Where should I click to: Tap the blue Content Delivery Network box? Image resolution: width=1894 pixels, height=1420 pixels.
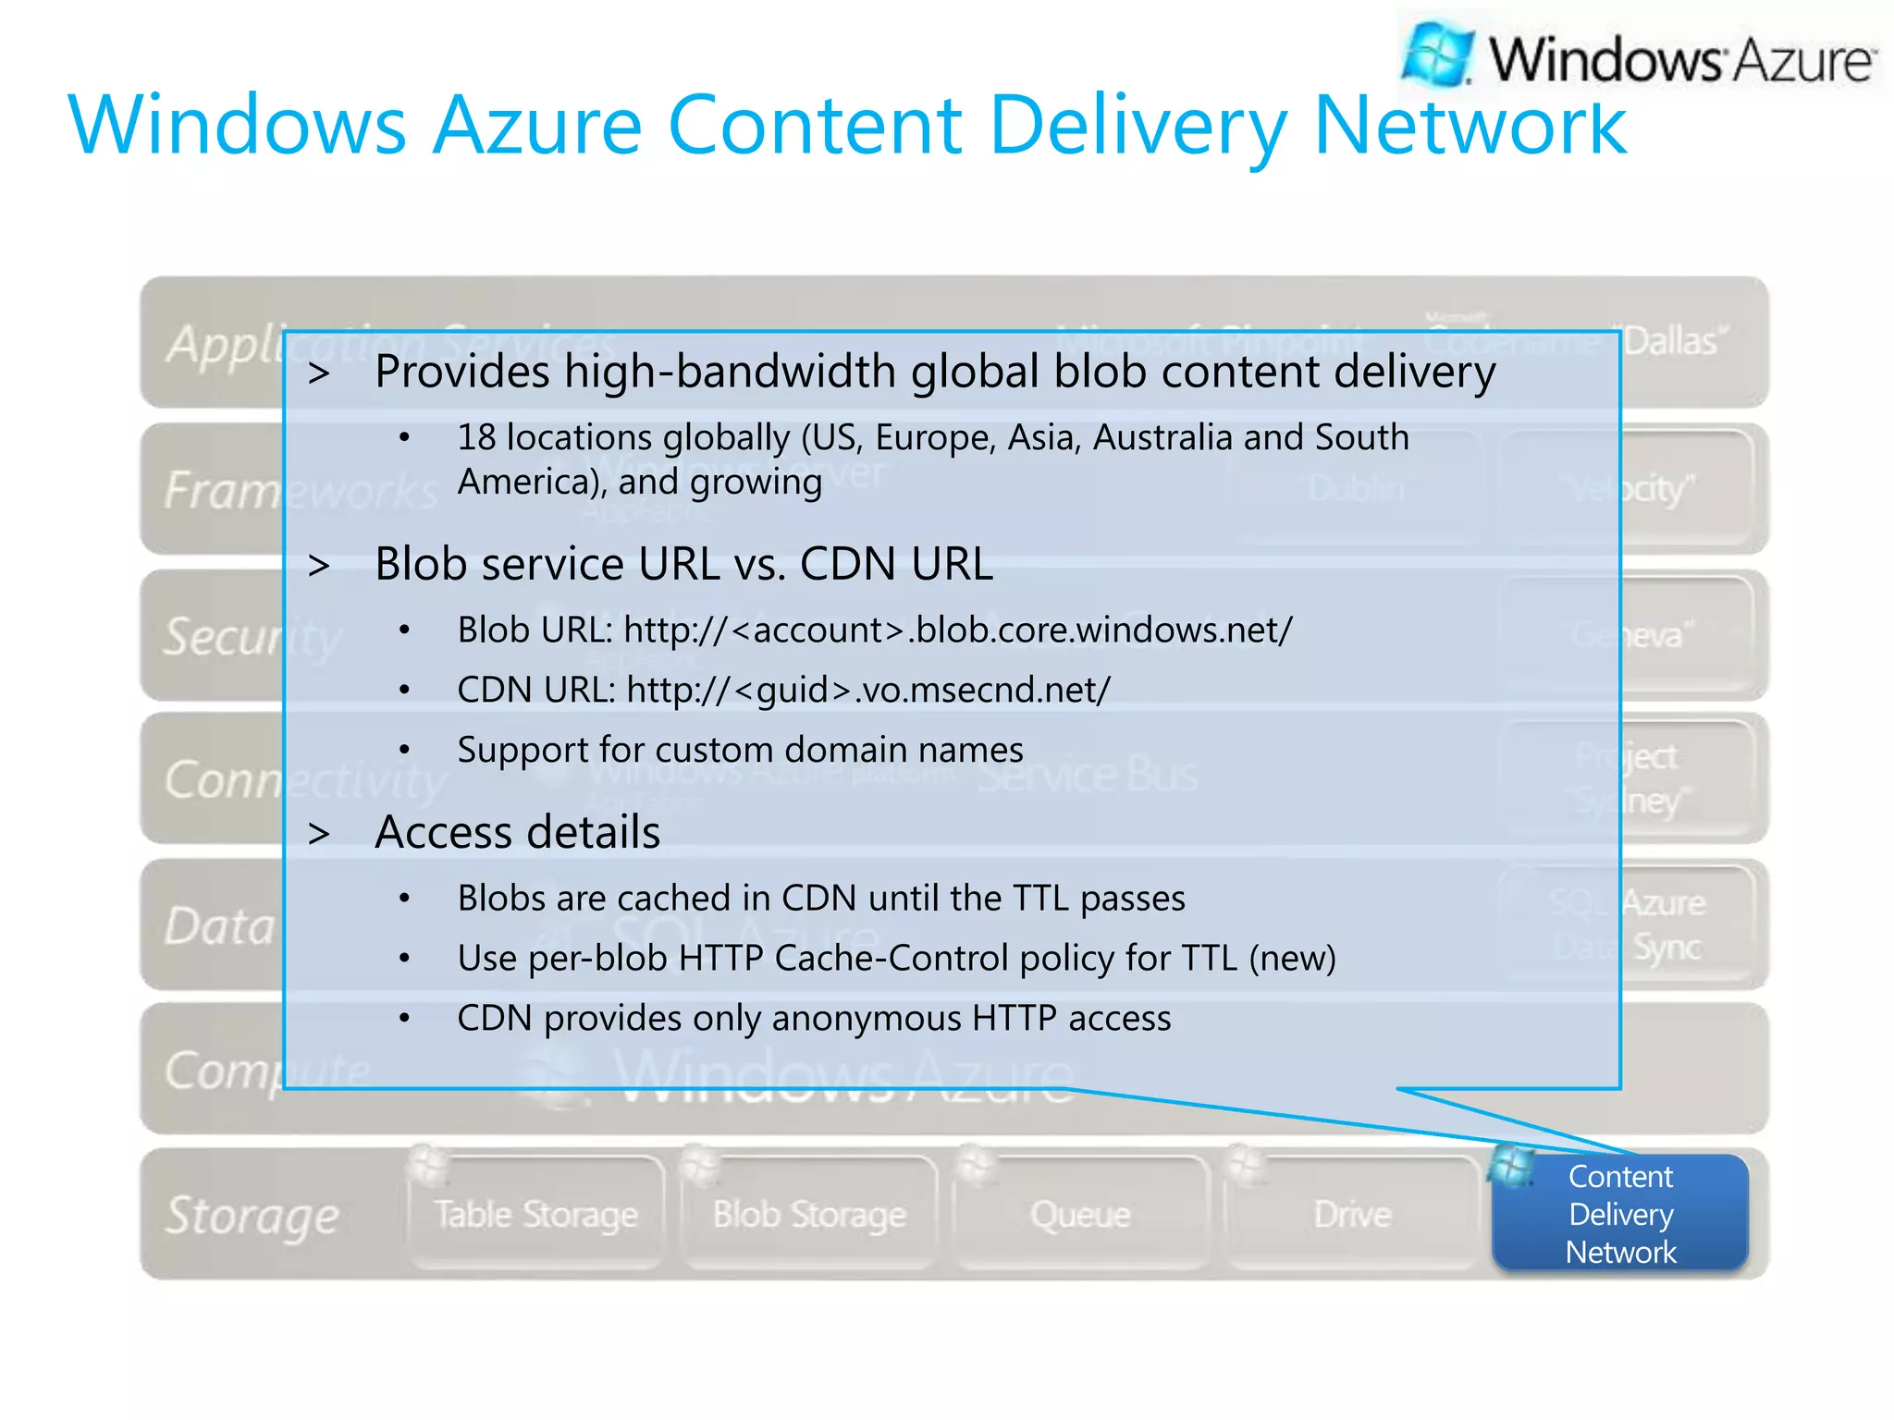pos(1620,1214)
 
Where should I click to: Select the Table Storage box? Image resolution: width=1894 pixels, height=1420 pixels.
pos(536,1214)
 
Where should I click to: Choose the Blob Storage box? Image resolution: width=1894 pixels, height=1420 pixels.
pos(809,1214)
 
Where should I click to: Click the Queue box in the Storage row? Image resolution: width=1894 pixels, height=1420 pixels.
pos(1080,1214)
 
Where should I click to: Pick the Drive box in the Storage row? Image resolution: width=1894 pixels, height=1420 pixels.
pos(1352,1214)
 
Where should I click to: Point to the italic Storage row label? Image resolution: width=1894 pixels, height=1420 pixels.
pos(252,1215)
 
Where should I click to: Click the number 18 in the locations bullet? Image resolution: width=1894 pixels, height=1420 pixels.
pos(476,438)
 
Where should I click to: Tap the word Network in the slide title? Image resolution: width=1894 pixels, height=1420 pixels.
pos(1470,126)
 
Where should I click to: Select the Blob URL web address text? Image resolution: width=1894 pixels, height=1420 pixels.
pos(958,630)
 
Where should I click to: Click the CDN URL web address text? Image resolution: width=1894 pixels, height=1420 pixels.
pos(868,691)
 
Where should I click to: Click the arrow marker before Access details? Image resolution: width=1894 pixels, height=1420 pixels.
pos(319,834)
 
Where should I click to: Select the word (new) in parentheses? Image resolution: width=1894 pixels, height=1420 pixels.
pos(1292,959)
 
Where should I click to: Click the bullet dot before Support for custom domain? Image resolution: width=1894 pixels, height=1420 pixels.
pos(404,750)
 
